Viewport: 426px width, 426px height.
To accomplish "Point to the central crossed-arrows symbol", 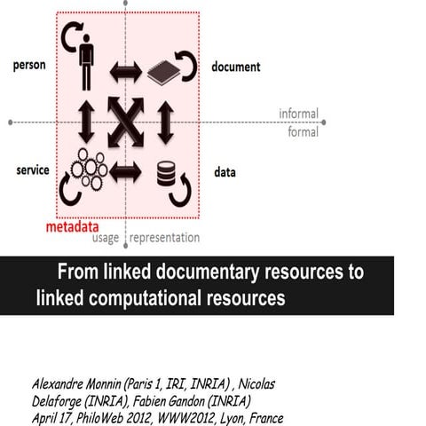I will click(x=125, y=122).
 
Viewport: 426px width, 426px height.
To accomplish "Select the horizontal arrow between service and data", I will click(x=125, y=170).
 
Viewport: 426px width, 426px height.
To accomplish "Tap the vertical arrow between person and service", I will click(x=85, y=122).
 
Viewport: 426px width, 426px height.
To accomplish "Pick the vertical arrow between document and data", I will click(x=165, y=122).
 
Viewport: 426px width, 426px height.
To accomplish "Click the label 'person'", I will click(x=30, y=67).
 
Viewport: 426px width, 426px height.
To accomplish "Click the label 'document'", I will click(x=236, y=67).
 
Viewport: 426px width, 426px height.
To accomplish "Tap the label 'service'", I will click(x=32, y=170).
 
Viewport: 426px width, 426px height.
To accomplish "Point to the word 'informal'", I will click(x=298, y=114).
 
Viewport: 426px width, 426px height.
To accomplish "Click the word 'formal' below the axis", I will click(x=304, y=132).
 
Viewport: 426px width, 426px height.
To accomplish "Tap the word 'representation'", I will click(x=165, y=238).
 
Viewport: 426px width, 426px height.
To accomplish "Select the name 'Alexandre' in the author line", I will click(x=64, y=384).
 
